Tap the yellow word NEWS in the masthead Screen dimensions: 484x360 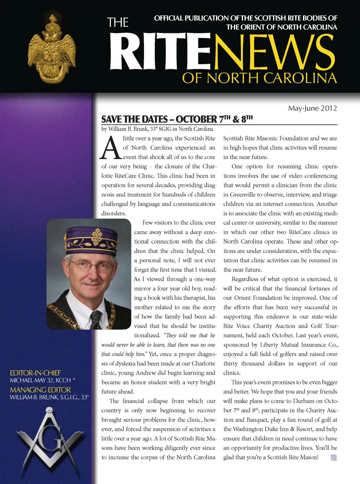coord(274,53)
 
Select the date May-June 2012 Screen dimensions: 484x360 coord(312,108)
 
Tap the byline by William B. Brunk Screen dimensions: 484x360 coord(157,129)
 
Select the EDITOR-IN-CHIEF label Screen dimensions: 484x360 coord(35,373)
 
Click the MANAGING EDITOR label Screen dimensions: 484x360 coord(40,390)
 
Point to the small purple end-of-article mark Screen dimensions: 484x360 coord(333,458)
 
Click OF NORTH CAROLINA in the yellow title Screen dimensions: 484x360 coord(259,78)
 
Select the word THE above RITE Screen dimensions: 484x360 coord(118,23)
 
